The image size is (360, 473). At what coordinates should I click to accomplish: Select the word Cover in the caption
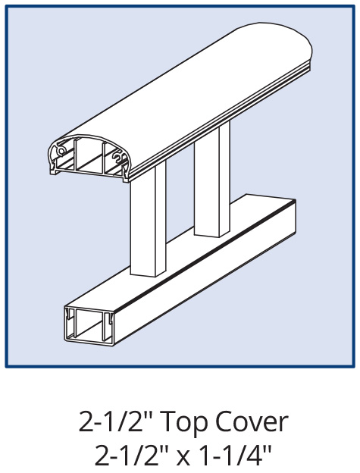[252, 422]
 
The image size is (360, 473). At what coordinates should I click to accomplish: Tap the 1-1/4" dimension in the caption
[237, 456]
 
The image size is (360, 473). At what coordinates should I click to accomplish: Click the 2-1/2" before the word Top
[118, 422]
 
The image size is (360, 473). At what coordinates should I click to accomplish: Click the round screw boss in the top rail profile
[61, 150]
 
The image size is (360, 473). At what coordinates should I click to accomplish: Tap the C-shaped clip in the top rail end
[118, 156]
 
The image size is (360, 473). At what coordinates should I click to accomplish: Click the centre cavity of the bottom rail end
[89, 325]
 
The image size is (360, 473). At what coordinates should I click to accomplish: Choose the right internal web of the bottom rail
[105, 326]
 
